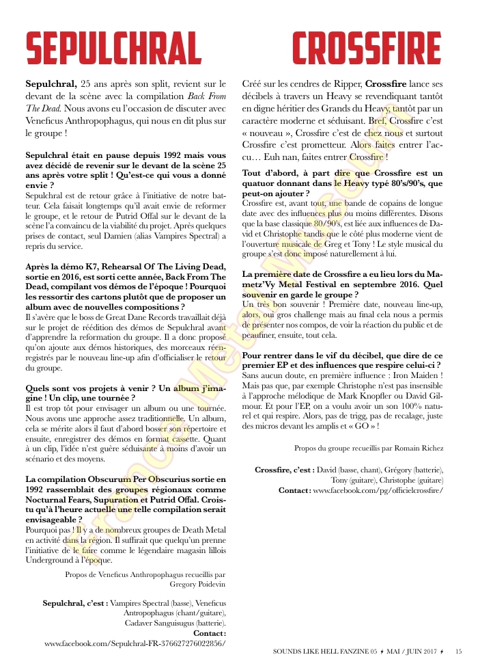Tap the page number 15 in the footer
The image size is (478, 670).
coord(459,651)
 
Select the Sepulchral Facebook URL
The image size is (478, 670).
coord(135,643)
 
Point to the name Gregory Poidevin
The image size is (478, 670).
coord(197,585)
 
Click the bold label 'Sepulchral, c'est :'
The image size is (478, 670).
coord(75,604)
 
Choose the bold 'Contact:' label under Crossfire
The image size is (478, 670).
coord(294,490)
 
